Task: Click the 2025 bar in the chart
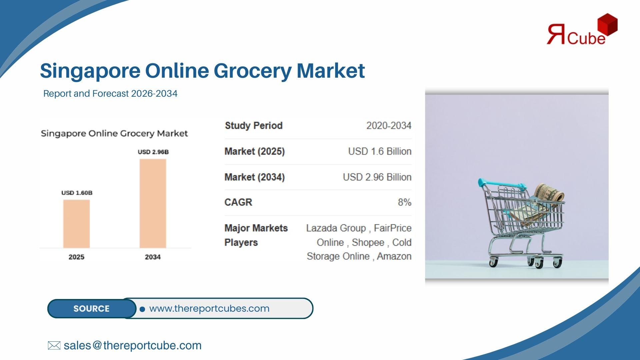(76, 224)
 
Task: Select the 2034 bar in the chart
(153, 203)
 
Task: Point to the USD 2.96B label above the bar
(153, 152)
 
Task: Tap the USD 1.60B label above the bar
(77, 193)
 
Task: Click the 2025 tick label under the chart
(76, 257)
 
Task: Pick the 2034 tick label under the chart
(153, 257)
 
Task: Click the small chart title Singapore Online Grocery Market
(114, 134)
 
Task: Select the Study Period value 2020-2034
(389, 126)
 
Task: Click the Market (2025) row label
(255, 151)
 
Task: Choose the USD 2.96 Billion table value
(377, 177)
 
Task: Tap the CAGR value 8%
(405, 202)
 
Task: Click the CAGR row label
(238, 202)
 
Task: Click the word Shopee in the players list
(368, 242)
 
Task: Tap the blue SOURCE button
(92, 308)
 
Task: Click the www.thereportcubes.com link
(209, 308)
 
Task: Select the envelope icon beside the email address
(54, 345)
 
